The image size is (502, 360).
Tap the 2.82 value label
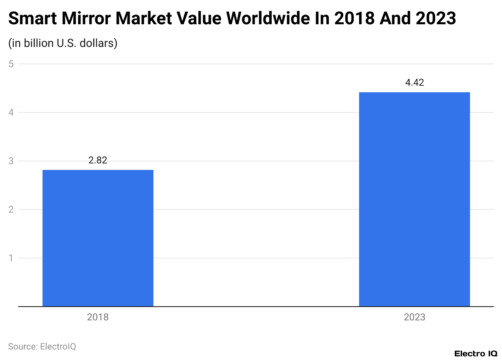click(x=98, y=160)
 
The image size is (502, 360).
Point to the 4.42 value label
click(x=414, y=83)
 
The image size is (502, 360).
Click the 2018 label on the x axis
click(x=98, y=317)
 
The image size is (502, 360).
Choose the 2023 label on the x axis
click(x=414, y=317)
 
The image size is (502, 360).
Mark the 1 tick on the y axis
click(x=11, y=258)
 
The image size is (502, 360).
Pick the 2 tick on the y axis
click(x=11, y=210)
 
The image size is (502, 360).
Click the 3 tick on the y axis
click(x=11, y=161)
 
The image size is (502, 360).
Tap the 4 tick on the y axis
click(x=11, y=112)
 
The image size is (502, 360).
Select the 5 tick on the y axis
click(x=11, y=64)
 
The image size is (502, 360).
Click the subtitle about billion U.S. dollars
click(x=63, y=43)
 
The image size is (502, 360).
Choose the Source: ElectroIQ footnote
click(x=42, y=346)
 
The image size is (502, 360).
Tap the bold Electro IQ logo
click(x=476, y=354)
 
